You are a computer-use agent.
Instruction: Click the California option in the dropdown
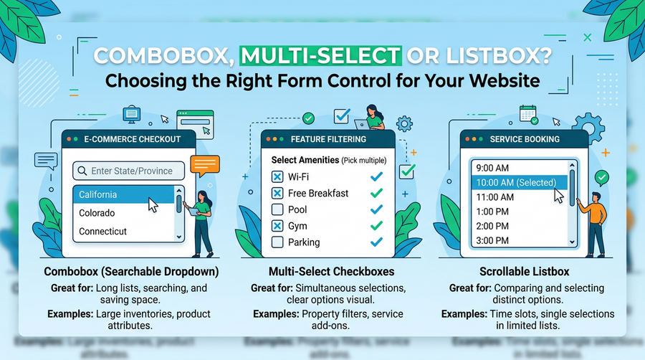(x=123, y=194)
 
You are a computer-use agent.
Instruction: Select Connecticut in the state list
(x=102, y=231)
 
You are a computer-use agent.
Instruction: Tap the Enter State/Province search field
(x=128, y=171)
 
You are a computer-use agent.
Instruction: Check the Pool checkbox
(x=277, y=209)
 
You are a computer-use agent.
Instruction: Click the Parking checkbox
(x=277, y=242)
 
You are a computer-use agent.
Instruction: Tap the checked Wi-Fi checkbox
(x=277, y=176)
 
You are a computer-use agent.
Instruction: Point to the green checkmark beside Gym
(x=376, y=225)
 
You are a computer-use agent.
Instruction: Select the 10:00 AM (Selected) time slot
(x=519, y=182)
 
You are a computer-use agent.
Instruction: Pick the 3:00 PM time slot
(x=492, y=240)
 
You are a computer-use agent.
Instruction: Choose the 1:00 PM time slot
(x=492, y=212)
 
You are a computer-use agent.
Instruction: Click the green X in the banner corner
(x=588, y=37)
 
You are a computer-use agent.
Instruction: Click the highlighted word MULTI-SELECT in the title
(x=320, y=56)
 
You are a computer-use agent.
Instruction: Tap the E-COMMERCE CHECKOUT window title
(x=132, y=139)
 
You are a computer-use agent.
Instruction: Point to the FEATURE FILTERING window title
(x=328, y=139)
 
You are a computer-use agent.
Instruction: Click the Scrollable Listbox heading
(x=524, y=272)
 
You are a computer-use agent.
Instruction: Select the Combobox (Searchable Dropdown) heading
(x=131, y=272)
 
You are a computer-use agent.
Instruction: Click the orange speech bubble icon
(x=204, y=166)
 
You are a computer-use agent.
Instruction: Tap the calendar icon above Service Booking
(x=528, y=114)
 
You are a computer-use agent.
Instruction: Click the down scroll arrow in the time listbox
(x=572, y=242)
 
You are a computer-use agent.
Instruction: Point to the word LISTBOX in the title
(x=499, y=56)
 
